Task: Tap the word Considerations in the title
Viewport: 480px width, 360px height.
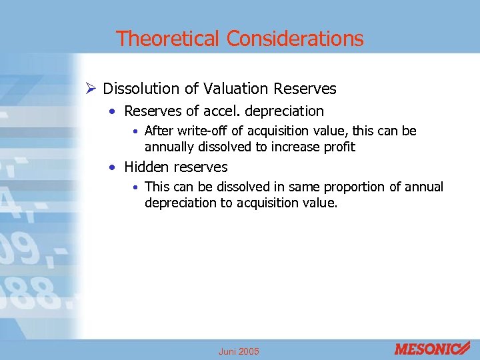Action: tap(295, 39)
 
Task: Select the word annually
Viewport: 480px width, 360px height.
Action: tap(169, 146)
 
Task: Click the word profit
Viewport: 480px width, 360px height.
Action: tap(338, 146)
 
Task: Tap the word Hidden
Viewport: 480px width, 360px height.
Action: tap(145, 167)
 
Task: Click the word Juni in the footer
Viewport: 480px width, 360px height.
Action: tap(227, 351)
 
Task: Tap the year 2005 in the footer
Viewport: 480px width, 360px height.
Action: tap(249, 351)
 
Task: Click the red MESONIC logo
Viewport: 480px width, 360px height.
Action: tap(432, 349)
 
